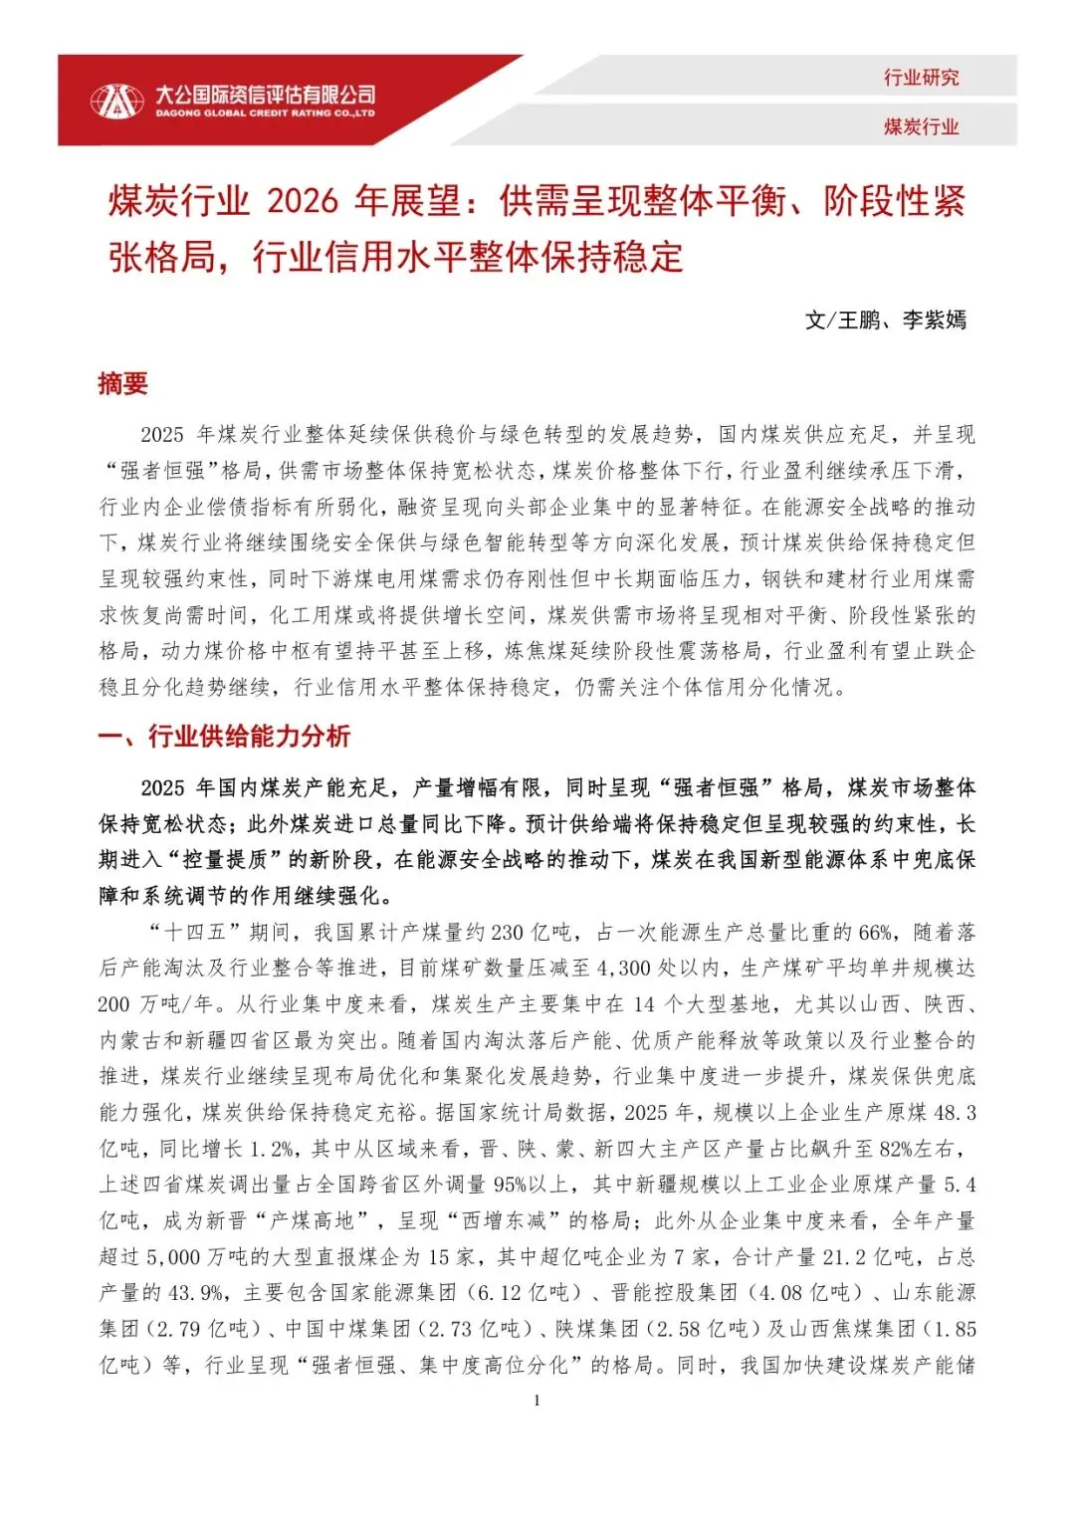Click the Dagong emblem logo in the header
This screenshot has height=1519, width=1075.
coord(116,101)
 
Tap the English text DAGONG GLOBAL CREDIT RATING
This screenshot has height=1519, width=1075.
coord(265,114)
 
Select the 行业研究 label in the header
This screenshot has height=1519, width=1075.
coord(921,78)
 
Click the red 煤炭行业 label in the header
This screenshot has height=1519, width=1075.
coord(921,126)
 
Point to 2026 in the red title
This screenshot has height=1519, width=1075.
coord(303,201)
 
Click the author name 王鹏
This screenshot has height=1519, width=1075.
coord(859,320)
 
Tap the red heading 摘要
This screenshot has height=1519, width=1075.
coord(122,383)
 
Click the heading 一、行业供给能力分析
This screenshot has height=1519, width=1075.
coord(224,736)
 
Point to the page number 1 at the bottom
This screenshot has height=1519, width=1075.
coord(537,1401)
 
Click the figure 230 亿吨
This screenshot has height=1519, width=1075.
coord(533,933)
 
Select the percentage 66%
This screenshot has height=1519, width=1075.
coord(875,933)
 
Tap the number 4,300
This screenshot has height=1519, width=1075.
coord(623,969)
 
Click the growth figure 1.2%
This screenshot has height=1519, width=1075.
coord(270,1149)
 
